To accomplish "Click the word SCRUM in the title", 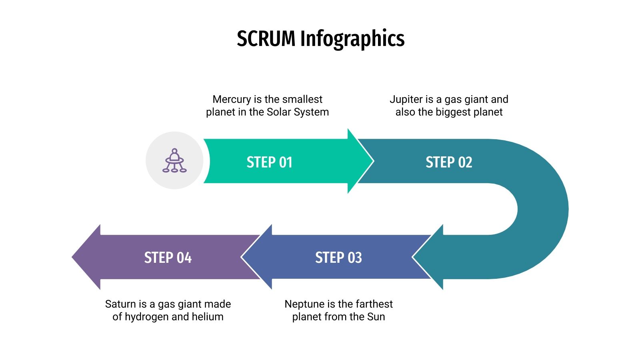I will click(x=266, y=39).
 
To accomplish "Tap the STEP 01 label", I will click(x=269, y=162).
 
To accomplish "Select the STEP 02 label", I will click(x=449, y=162).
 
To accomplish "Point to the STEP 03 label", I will click(x=338, y=258).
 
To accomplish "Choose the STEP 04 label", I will click(x=168, y=258).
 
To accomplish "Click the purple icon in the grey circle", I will click(x=174, y=161).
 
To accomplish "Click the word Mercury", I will click(x=232, y=99).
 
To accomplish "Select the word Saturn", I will click(x=120, y=304).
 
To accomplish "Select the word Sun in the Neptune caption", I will click(x=376, y=317).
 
